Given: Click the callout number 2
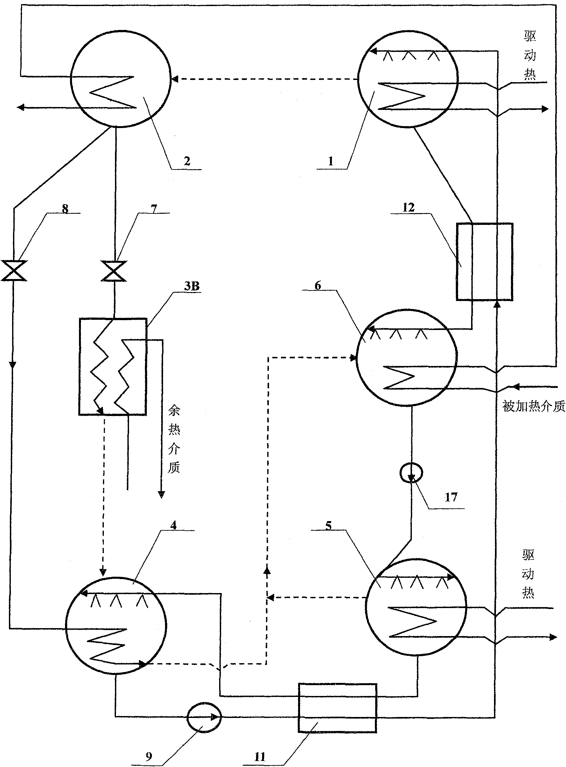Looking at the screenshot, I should pyautogui.click(x=187, y=161).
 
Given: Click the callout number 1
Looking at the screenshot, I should pyautogui.click(x=331, y=161).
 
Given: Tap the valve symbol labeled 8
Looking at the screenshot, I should pyautogui.click(x=14, y=271).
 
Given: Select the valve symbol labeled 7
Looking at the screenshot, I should pyautogui.click(x=114, y=271).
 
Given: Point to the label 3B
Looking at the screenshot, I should pyautogui.click(x=191, y=286).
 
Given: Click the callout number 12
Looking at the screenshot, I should pyautogui.click(x=409, y=207).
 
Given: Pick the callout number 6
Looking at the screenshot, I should pyautogui.click(x=318, y=285).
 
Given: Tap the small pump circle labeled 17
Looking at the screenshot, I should pyautogui.click(x=412, y=473).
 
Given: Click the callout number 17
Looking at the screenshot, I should pyautogui.click(x=451, y=497).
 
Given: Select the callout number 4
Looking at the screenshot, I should pyautogui.click(x=174, y=525).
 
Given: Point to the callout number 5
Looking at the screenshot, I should pyautogui.click(x=328, y=526).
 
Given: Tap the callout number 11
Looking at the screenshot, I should pyautogui.click(x=260, y=756).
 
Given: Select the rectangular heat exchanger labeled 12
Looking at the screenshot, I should pyautogui.click(x=484, y=262).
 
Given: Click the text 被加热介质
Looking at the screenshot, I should pyautogui.click(x=534, y=406).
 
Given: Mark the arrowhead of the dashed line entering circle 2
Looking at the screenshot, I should pyautogui.click(x=175, y=80).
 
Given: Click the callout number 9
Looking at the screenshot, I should pyautogui.click(x=149, y=756).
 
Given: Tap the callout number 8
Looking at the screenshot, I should pyautogui.click(x=65, y=208).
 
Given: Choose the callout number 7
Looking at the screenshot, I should pyautogui.click(x=154, y=208).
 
